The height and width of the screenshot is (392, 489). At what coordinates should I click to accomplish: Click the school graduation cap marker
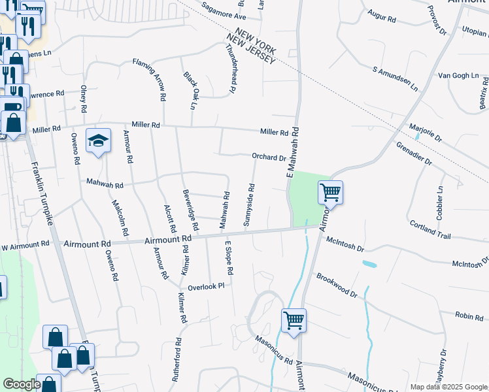click(98, 140)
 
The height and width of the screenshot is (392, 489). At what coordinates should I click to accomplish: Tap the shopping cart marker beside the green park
click(330, 193)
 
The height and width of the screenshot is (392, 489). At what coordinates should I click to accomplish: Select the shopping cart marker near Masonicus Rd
click(294, 321)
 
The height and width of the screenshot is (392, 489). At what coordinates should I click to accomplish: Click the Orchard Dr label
click(269, 157)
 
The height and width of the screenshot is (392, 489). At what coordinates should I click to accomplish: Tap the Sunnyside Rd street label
click(249, 205)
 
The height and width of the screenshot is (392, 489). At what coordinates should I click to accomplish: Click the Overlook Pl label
click(206, 287)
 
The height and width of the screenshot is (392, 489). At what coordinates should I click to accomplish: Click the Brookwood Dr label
click(337, 286)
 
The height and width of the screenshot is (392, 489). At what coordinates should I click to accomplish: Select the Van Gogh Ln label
click(458, 76)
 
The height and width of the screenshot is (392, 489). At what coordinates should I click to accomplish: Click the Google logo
click(22, 384)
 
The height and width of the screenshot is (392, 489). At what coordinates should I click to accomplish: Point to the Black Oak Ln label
click(190, 90)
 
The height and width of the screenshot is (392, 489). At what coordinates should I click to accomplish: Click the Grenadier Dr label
click(414, 152)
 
